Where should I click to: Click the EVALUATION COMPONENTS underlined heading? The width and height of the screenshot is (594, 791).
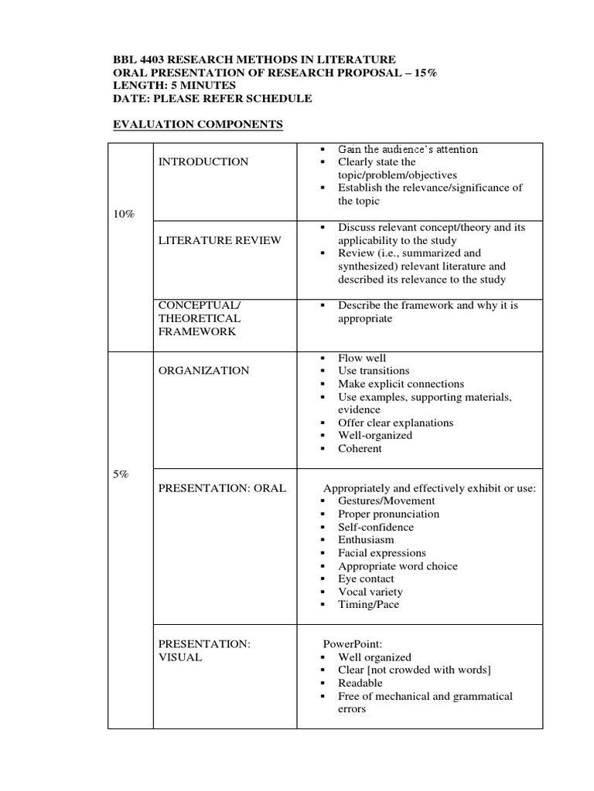point(198,124)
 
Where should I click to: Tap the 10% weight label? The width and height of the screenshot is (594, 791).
point(124,214)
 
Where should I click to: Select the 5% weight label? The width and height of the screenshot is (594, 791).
point(121,474)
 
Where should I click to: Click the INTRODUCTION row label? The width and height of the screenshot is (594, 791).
point(203,161)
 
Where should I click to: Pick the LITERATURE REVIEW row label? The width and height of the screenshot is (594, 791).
point(220,240)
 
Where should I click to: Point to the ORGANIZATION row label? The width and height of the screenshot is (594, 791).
point(204,370)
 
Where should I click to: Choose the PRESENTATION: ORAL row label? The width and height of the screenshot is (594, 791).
point(222,487)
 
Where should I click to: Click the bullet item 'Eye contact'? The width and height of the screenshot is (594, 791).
point(366,579)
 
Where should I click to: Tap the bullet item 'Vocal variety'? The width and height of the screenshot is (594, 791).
point(370,592)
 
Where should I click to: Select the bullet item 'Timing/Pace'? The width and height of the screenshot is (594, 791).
point(368,605)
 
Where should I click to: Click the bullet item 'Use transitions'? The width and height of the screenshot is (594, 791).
point(374,371)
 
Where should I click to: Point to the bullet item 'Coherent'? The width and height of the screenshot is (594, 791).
point(360,448)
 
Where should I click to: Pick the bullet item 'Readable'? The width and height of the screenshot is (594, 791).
point(360,683)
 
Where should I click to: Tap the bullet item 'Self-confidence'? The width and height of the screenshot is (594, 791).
point(376,527)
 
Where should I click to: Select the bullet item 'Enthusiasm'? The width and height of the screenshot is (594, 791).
point(366,540)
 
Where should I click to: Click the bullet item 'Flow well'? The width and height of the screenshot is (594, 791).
point(362,358)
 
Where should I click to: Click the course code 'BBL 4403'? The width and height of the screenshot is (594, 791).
point(138,59)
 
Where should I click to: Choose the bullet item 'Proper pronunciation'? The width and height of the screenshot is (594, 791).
point(388,514)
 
